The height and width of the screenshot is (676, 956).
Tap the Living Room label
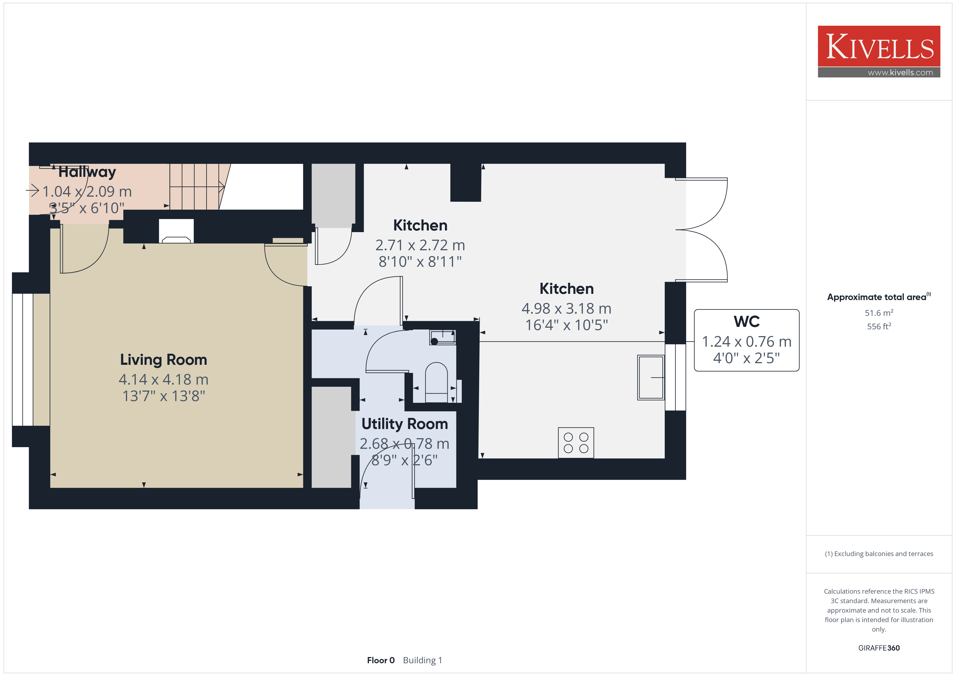point(164,360)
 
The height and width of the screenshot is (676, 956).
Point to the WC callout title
point(747,321)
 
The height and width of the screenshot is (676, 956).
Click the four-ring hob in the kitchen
point(576,443)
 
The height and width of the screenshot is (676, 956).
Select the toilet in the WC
point(436,382)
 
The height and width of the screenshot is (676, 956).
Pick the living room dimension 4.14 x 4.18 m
point(164,379)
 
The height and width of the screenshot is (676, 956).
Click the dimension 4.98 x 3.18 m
point(566,308)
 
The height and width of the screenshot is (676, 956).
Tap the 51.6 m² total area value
point(879,313)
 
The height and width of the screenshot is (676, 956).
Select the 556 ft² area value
point(879,326)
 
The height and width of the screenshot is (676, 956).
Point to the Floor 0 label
point(380,660)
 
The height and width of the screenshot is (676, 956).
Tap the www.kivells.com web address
point(900,72)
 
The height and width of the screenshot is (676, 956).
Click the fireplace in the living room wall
point(176,231)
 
